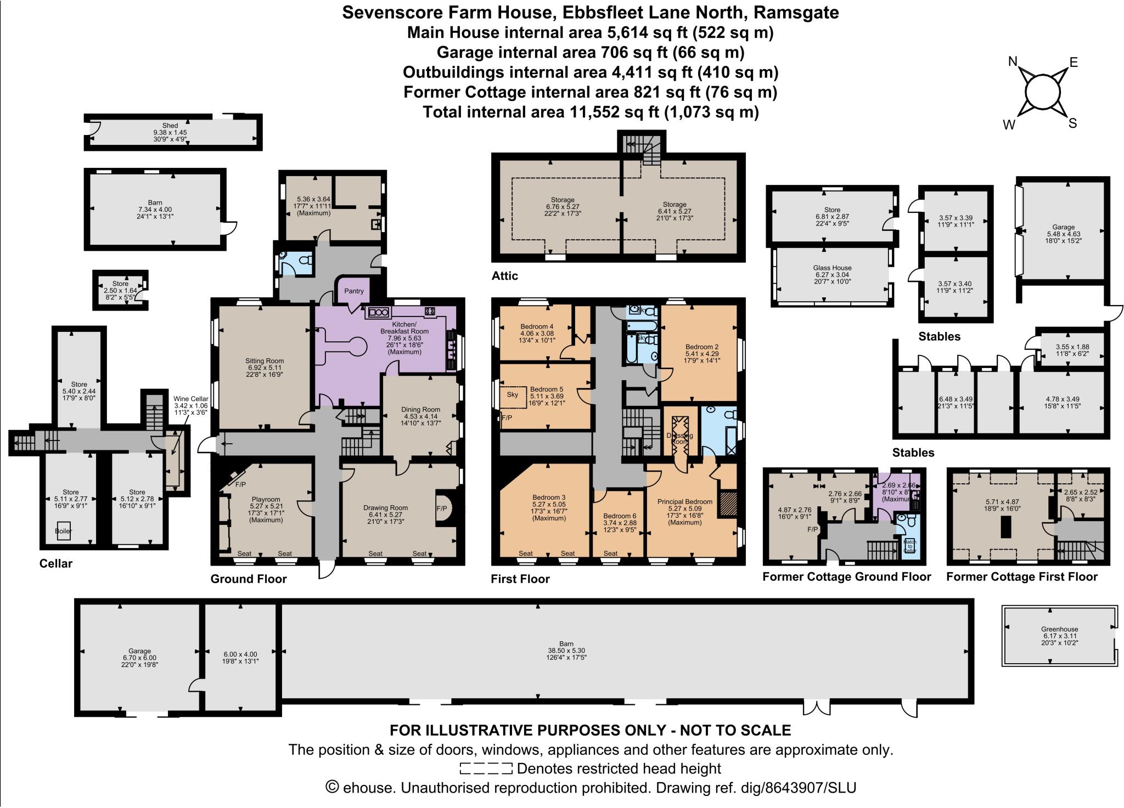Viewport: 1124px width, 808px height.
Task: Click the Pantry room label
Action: click(354, 291)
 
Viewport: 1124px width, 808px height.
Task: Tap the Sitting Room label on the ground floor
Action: click(265, 361)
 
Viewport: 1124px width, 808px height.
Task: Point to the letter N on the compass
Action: click(1013, 62)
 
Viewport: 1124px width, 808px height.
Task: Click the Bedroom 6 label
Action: click(620, 516)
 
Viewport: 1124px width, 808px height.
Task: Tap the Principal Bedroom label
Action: click(685, 501)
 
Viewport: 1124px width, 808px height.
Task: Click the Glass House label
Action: click(833, 268)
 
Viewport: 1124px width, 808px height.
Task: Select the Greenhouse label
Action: click(1059, 629)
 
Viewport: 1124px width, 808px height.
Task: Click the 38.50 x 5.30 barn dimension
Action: click(566, 651)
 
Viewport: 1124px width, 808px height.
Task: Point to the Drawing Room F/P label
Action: click(442, 508)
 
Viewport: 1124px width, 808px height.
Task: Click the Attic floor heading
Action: click(504, 276)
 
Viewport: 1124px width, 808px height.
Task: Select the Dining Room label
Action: click(421, 409)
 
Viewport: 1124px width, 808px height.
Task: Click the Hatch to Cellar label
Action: click(909, 546)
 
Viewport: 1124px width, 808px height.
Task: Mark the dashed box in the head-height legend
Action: click(486, 769)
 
